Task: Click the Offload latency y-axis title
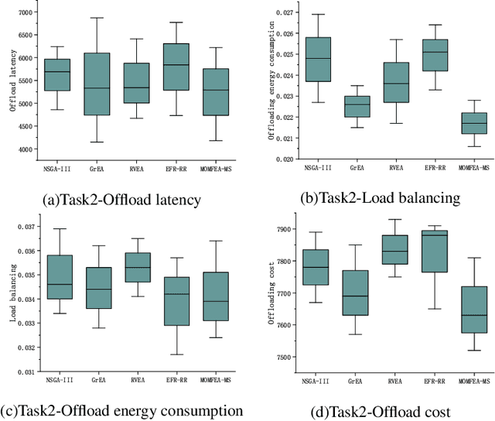13,80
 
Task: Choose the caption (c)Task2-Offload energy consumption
122,411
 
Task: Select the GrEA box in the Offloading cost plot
356,293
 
